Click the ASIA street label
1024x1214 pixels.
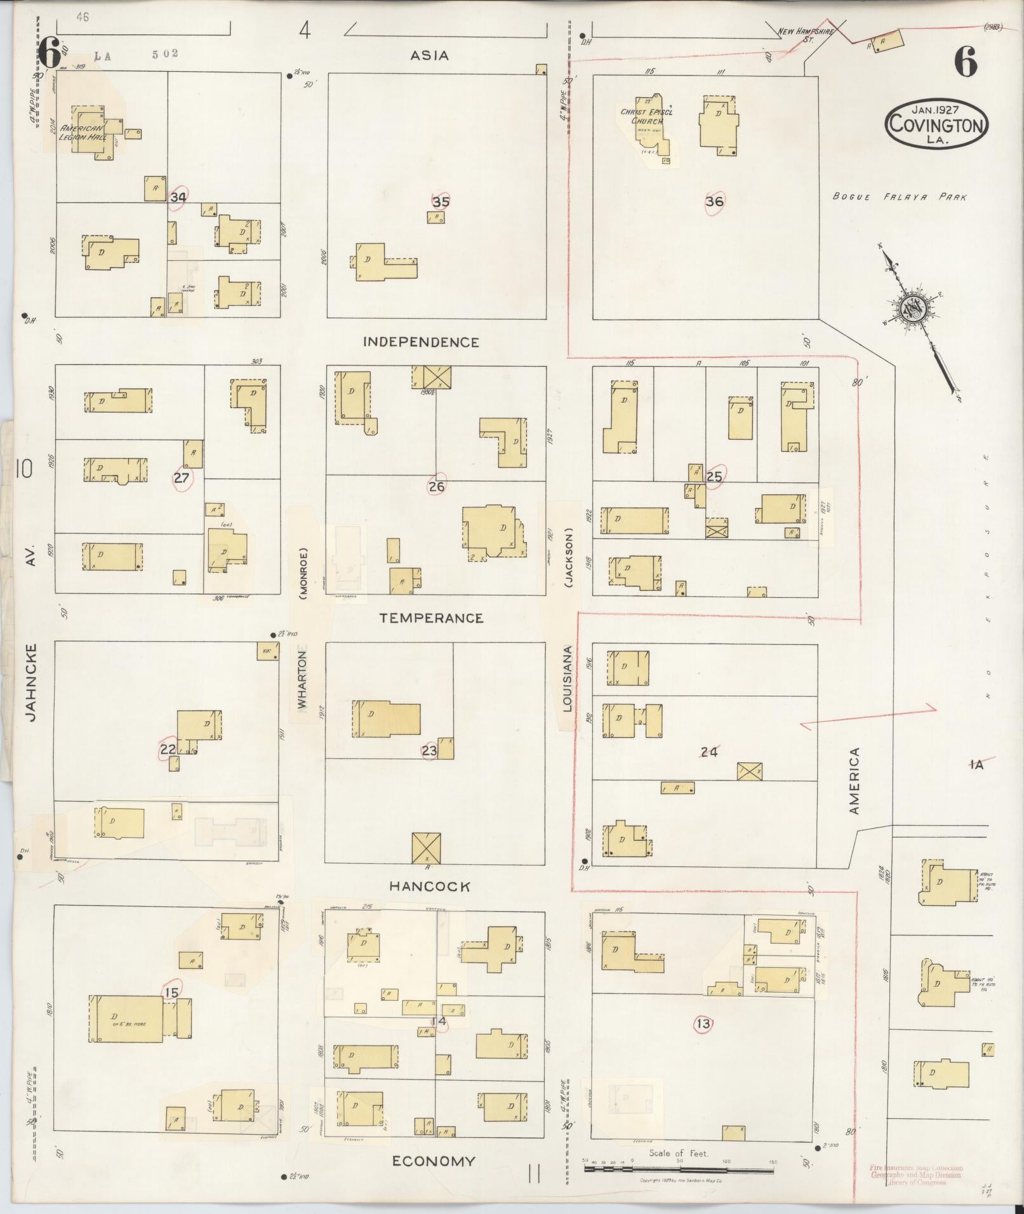[x=429, y=56]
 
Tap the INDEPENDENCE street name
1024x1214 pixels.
[x=421, y=342]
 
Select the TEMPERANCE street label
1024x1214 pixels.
[x=431, y=618]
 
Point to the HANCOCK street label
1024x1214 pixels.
[x=430, y=887]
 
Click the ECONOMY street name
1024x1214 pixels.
[x=433, y=1161]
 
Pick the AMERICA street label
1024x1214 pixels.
[x=854, y=781]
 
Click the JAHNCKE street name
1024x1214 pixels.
[x=31, y=682]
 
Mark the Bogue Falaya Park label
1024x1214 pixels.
[x=899, y=197]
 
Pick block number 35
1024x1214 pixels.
[x=441, y=202]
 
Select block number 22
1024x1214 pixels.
[x=168, y=750]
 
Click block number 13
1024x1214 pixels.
[x=703, y=1024]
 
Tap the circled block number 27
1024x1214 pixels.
[x=182, y=478]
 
